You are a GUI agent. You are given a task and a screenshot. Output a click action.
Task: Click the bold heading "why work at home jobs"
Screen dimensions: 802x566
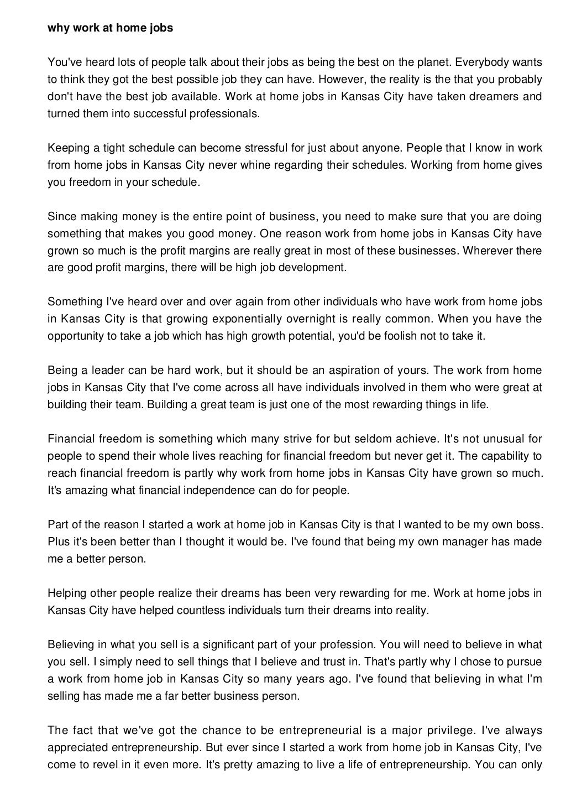[110, 28]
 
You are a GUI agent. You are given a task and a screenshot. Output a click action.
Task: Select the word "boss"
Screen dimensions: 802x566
[530, 524]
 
